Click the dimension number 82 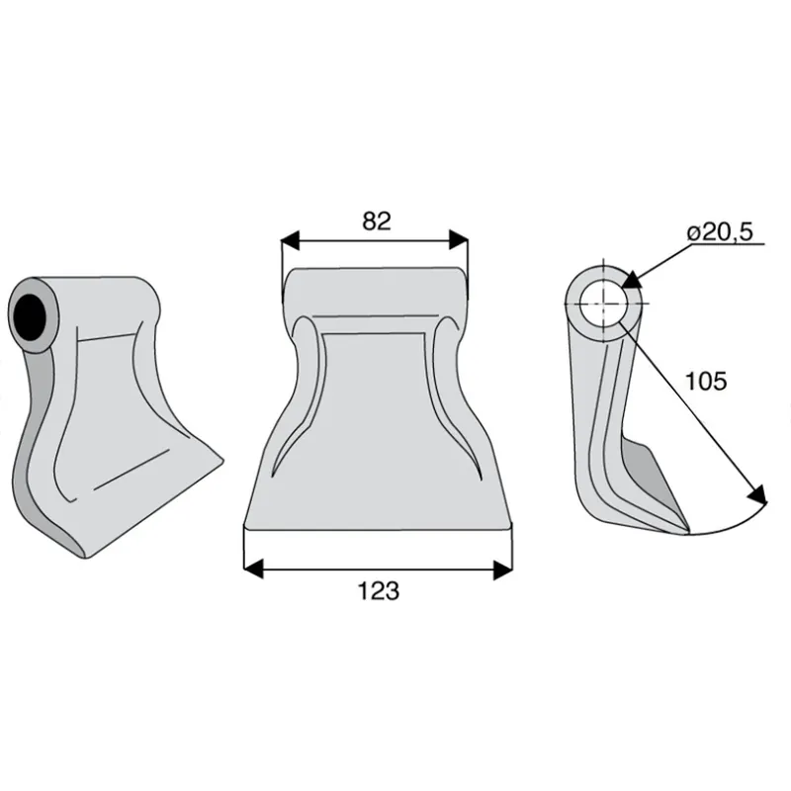pos(377,220)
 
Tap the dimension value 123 pos(379,590)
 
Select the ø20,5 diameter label pos(720,231)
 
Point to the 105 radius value pos(706,381)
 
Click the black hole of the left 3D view pos(28,317)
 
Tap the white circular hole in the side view pos(603,304)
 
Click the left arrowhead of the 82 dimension pos(290,239)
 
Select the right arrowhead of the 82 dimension pos(459,239)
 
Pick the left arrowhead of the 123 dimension pos(253,570)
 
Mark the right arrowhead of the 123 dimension pos(503,570)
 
